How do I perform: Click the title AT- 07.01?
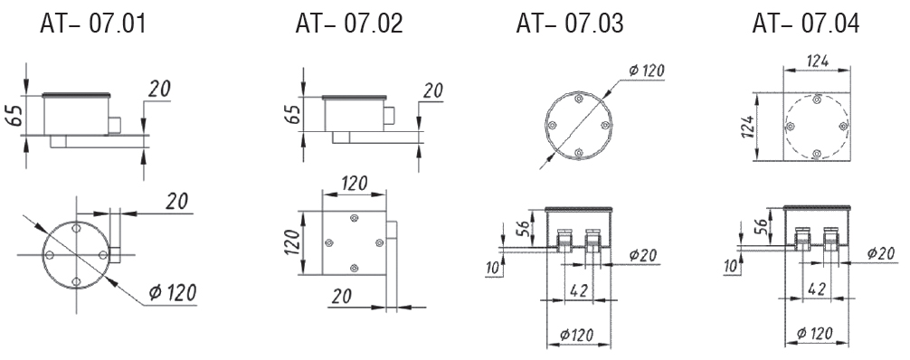click(x=93, y=24)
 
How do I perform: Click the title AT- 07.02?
click(x=349, y=24)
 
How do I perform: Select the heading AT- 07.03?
click(x=570, y=24)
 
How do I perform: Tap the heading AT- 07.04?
click(x=806, y=24)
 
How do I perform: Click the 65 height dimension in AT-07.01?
click(x=15, y=114)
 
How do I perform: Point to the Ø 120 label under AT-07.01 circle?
click(x=172, y=293)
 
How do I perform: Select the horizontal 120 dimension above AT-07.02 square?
click(x=354, y=184)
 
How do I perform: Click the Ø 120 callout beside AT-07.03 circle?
click(x=646, y=71)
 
